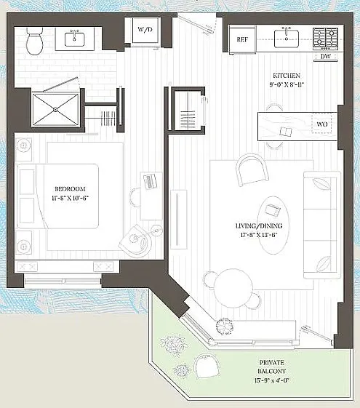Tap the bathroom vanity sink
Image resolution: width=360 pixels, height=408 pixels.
pos(75,38)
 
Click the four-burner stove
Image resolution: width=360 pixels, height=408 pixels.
pos(324,38)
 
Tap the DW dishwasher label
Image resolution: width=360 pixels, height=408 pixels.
pos(324,56)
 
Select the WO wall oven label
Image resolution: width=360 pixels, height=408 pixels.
pos(322,124)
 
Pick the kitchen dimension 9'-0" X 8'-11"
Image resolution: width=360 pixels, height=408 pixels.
pos(287,84)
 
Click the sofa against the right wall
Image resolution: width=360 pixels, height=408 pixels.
pos(319,225)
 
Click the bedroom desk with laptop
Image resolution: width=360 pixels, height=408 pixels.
pos(151,196)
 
